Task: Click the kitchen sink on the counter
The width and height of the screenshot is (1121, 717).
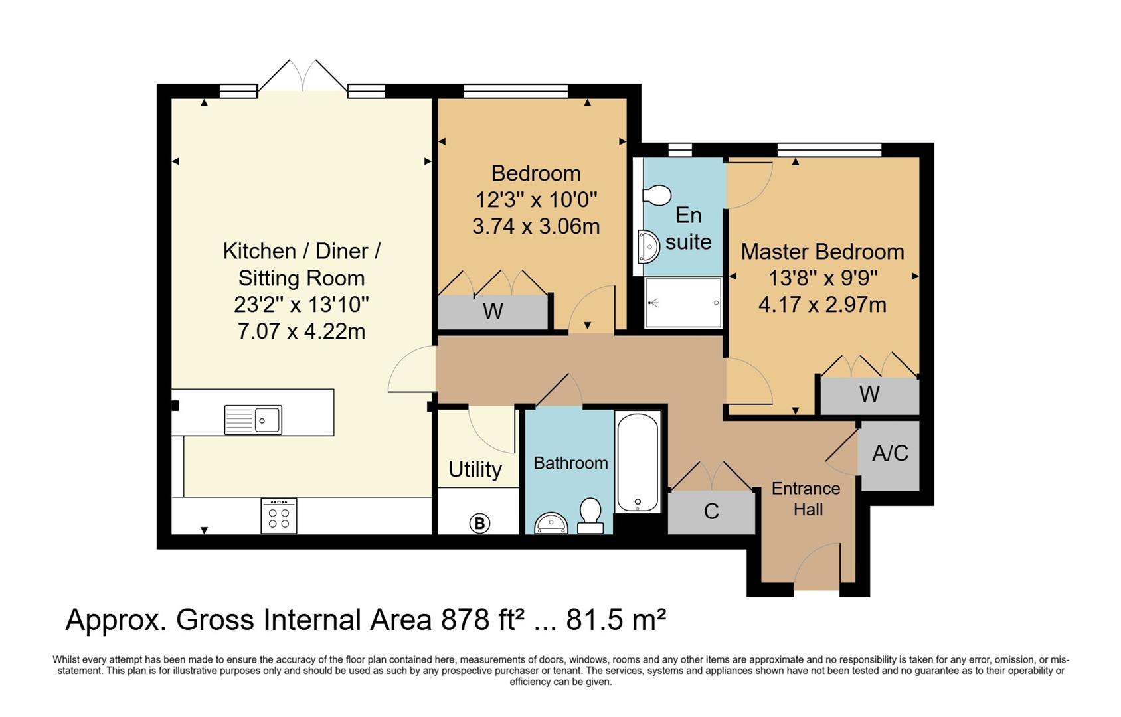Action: (x=253, y=420)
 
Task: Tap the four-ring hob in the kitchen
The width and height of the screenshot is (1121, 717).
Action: (x=279, y=515)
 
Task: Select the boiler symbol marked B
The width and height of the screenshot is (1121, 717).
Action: (x=479, y=523)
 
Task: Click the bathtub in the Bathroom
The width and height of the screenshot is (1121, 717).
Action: (x=638, y=461)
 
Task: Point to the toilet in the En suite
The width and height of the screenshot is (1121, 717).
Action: (x=657, y=195)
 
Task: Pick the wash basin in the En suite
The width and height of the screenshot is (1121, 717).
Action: (x=649, y=247)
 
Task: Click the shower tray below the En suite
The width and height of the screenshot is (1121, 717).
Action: (x=683, y=303)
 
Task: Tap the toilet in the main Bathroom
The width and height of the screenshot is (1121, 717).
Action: (x=590, y=515)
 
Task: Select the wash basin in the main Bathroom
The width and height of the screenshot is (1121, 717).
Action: (x=551, y=523)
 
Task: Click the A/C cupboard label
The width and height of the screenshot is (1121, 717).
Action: (x=891, y=453)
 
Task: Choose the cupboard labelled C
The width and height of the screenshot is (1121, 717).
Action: (x=711, y=511)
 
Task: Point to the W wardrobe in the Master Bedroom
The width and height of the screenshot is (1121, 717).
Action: (x=870, y=394)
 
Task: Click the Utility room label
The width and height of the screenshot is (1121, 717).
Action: (x=475, y=470)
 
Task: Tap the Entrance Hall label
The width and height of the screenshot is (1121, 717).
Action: (x=806, y=499)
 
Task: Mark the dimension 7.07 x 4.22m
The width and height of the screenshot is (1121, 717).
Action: (x=302, y=331)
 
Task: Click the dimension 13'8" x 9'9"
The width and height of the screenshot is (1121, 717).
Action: (x=823, y=278)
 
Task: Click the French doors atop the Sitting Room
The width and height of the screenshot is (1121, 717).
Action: (x=303, y=76)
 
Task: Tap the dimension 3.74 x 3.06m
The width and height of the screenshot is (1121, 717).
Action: (x=536, y=226)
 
